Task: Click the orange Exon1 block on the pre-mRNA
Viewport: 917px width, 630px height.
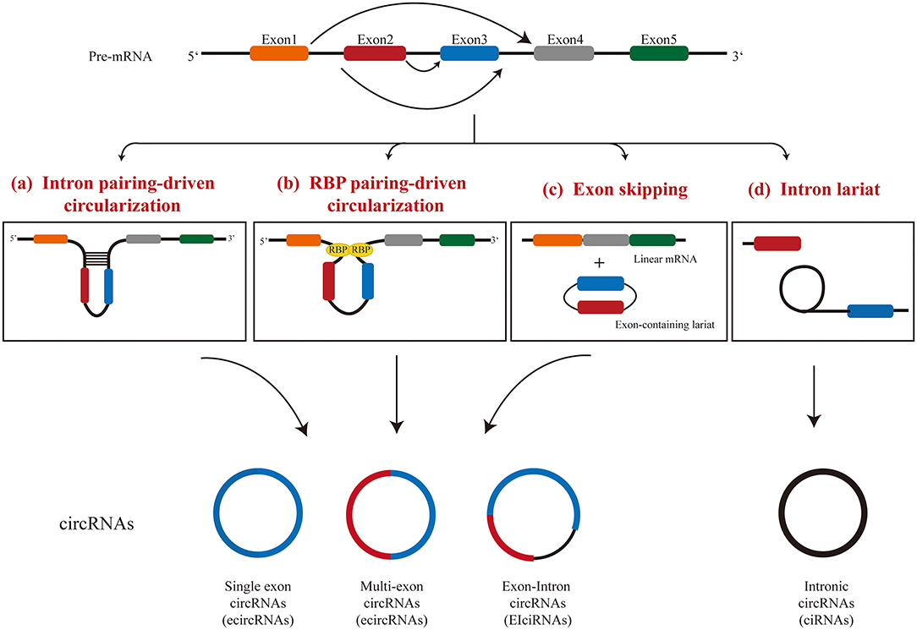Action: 278,53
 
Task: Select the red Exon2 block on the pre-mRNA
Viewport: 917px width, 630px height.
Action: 373,53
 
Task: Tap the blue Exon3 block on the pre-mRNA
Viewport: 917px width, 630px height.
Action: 469,53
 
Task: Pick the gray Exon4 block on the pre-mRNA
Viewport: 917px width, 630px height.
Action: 563,53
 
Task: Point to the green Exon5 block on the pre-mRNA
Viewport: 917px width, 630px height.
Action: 659,53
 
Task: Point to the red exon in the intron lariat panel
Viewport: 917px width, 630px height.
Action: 777,244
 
